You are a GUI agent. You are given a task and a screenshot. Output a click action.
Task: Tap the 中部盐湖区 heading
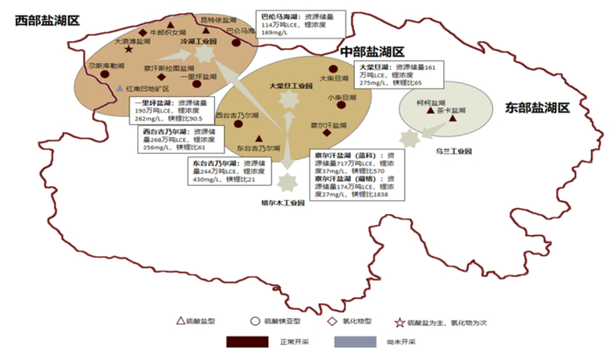[372, 52]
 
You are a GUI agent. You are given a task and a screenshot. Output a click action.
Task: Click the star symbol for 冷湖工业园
[204, 54]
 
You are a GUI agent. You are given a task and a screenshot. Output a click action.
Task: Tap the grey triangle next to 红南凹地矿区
[120, 88]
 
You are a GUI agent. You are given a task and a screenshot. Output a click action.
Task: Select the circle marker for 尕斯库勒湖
[97, 75]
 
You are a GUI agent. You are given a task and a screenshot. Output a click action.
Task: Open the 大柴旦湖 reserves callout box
[396, 75]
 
